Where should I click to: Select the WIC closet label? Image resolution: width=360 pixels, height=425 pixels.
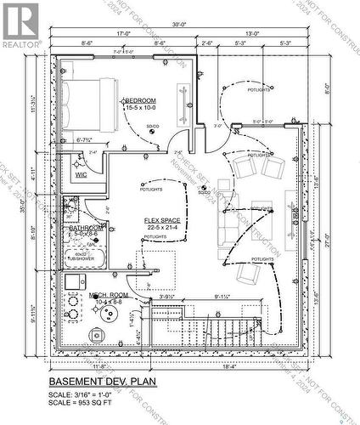pyautogui.click(x=82, y=174)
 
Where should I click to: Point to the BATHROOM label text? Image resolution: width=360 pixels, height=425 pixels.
pyautogui.click(x=87, y=228)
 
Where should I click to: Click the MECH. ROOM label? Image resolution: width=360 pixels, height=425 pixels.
pyautogui.click(x=109, y=297)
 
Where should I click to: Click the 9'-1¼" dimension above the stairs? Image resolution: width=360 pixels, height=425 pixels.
pyautogui.click(x=223, y=297)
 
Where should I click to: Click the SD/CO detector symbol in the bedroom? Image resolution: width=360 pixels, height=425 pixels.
pyautogui.click(x=153, y=127)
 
